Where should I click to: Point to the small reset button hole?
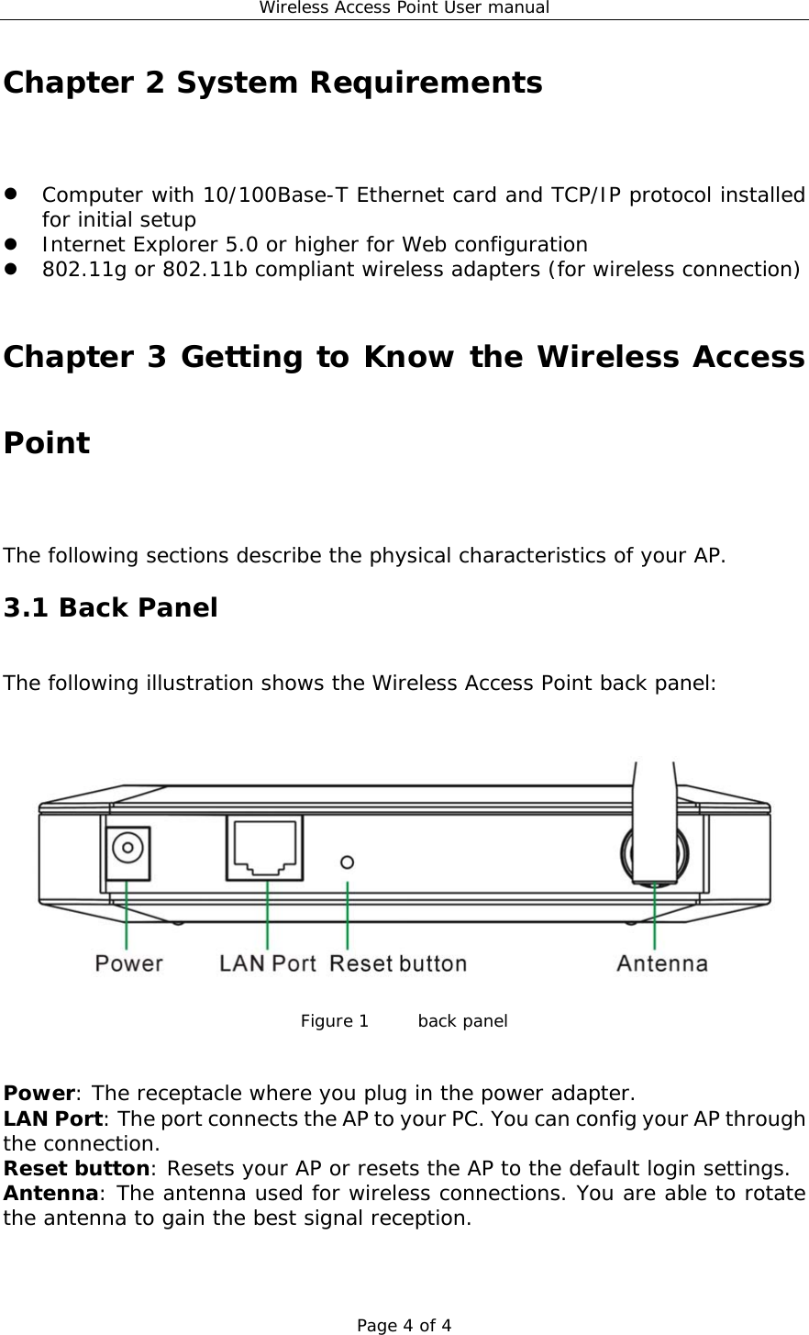pos(348,862)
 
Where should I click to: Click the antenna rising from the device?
pos(654,817)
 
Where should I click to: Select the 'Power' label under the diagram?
pos(128,963)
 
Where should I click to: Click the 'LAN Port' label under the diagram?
pos(267,963)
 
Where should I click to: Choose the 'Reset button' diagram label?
pos(397,963)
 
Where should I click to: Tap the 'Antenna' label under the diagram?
pos(661,963)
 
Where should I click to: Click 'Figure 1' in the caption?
pos(335,1021)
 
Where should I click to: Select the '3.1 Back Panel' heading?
pos(111,607)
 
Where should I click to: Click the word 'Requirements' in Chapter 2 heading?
pos(426,83)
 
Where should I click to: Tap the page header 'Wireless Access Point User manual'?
pos(404,8)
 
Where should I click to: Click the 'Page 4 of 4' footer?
pos(404,1325)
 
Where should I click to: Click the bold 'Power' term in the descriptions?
pos(39,1094)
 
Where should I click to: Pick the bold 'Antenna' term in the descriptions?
pos(50,1193)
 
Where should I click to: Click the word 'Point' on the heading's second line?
pos(47,443)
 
